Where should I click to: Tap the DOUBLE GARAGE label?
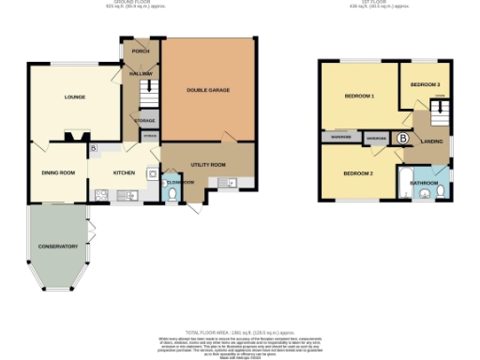[208, 90]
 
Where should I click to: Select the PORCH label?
[141, 51]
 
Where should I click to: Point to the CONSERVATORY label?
[57, 246]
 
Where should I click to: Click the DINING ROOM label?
[57, 172]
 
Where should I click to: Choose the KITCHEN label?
[125, 172]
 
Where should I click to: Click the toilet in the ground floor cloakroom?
[167, 193]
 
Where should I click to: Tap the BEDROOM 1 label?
[359, 97]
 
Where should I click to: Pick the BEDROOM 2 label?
[357, 174]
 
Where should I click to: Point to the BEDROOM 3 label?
[425, 84]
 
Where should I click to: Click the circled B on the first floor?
[402, 139]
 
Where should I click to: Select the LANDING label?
[432, 142]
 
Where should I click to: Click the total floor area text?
[239, 334]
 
